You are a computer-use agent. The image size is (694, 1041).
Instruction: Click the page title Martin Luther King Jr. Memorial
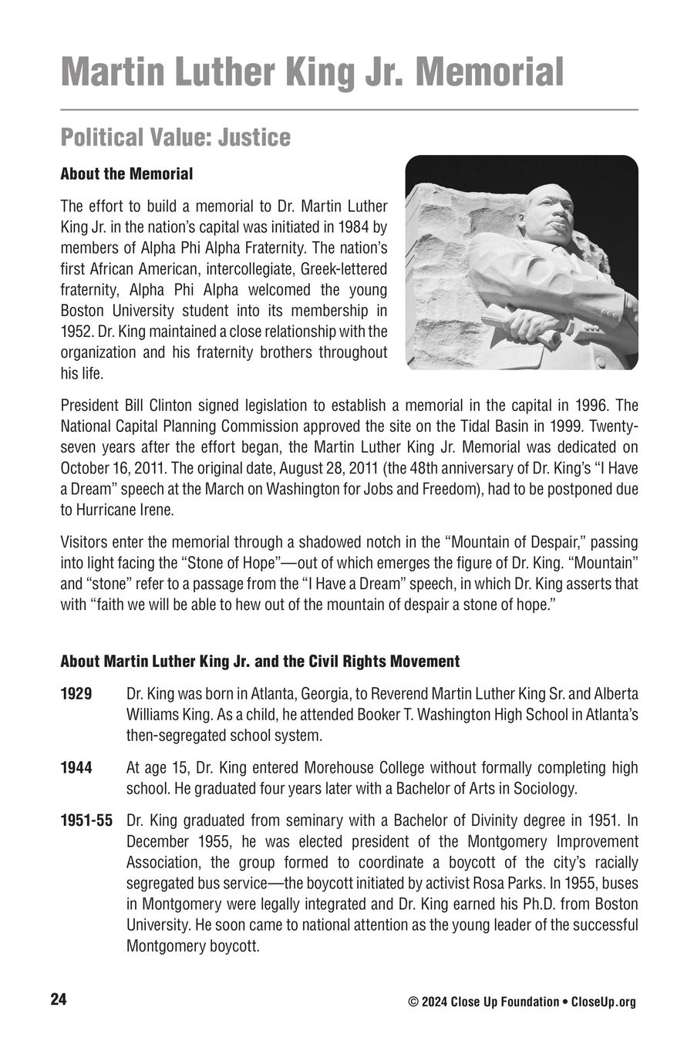(x=312, y=72)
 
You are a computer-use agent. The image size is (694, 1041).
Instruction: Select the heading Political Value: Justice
(x=176, y=137)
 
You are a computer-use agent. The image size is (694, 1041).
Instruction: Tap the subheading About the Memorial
(x=126, y=173)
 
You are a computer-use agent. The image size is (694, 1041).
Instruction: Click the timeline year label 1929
(x=76, y=693)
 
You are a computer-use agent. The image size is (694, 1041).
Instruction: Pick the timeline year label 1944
(x=76, y=767)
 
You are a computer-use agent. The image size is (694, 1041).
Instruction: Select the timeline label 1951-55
(x=86, y=820)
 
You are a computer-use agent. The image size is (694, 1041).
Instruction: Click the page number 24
(x=59, y=1000)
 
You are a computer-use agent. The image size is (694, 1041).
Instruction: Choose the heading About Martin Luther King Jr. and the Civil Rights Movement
(x=260, y=662)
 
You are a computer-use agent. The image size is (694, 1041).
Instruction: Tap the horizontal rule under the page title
(x=349, y=110)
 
